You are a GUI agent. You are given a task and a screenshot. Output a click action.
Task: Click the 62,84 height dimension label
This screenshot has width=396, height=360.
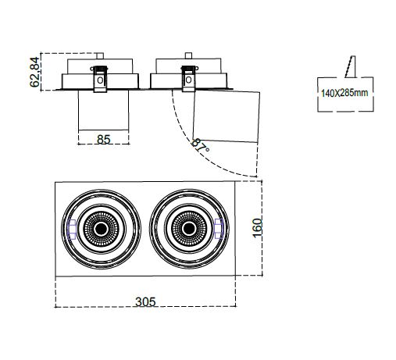34,72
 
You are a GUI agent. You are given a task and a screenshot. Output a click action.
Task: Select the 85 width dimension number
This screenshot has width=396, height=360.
104,140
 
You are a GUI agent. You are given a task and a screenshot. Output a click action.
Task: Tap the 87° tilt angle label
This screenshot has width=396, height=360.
200,146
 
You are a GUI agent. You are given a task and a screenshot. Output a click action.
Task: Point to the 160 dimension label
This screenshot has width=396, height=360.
257,227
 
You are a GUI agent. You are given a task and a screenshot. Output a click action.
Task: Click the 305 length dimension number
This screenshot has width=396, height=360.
145,302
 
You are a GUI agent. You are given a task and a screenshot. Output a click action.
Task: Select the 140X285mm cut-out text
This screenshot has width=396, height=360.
344,93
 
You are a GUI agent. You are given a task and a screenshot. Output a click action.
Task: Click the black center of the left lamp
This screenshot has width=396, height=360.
102,229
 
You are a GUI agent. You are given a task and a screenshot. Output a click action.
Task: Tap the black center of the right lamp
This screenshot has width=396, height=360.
189,229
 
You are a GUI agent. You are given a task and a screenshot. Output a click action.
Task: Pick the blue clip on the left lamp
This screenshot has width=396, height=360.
72,229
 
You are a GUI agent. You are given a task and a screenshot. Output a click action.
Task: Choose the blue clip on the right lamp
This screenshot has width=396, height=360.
219,229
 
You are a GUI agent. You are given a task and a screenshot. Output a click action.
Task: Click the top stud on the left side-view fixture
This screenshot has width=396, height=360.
100,55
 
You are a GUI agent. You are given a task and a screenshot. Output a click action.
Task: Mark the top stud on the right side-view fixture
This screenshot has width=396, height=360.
188,55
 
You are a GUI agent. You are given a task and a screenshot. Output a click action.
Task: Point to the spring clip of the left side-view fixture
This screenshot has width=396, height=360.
100,78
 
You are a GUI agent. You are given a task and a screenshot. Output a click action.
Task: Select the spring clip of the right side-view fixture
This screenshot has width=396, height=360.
189,78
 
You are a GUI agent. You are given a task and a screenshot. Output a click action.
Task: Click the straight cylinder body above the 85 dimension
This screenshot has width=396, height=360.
104,110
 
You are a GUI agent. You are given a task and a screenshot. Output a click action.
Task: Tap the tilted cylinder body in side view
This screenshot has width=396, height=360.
227,116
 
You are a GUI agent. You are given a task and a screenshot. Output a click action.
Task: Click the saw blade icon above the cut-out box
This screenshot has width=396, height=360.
351,66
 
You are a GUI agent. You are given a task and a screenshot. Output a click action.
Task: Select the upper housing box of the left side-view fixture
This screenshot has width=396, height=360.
100,66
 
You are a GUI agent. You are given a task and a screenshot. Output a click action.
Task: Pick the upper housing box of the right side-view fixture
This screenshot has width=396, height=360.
188,66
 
